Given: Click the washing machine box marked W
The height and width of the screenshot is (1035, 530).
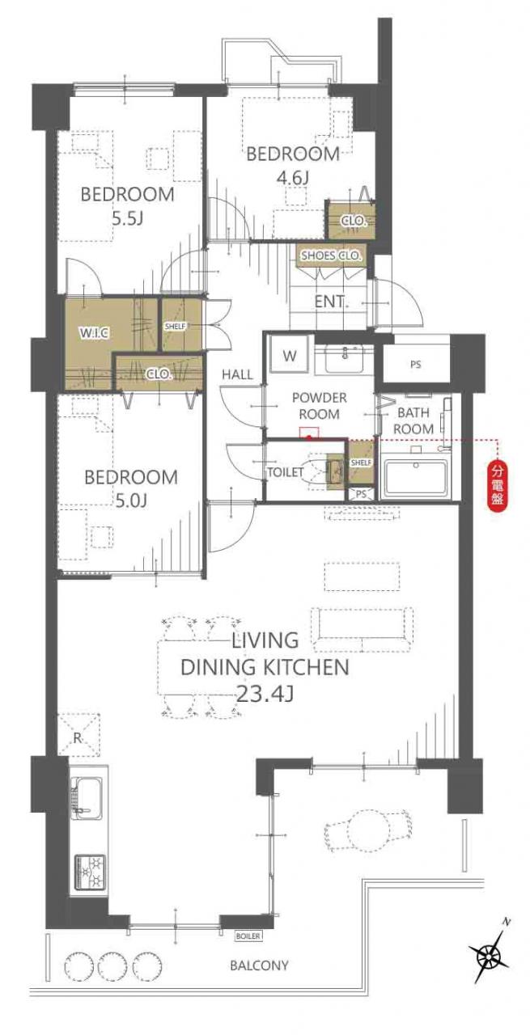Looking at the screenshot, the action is point(290,355).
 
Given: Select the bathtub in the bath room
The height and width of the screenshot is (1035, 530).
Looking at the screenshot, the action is point(414,479).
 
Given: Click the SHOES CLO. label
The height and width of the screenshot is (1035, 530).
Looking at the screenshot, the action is point(332,255).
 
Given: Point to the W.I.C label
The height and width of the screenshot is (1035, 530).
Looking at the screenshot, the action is point(94,332).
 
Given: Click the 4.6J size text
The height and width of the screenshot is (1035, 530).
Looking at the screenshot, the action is point(291,177).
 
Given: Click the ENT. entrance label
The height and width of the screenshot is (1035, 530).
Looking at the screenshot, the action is point(331,302).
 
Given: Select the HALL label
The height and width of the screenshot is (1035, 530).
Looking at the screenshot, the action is point(237,374).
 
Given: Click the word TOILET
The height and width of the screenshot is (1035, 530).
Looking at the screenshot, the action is point(286,472).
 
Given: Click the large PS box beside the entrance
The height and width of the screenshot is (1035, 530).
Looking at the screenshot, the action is point(415,365).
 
